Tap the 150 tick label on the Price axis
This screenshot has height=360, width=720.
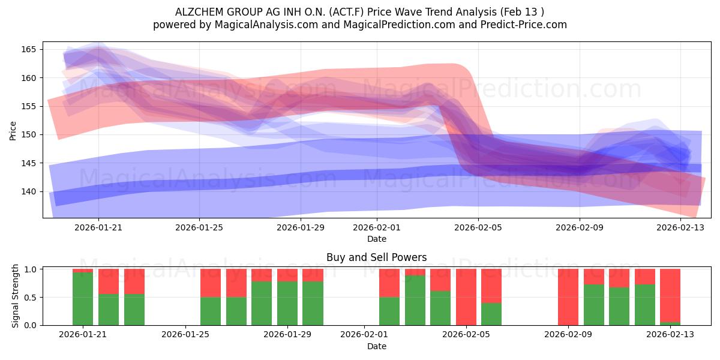coord(29,134)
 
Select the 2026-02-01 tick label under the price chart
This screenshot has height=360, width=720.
coord(377,227)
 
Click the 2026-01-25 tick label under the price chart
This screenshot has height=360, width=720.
coord(199,227)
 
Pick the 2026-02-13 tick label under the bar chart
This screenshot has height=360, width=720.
coord(670,334)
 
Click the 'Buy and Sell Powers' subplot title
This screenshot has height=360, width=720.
coord(376,257)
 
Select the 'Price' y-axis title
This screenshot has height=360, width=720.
coord(13,131)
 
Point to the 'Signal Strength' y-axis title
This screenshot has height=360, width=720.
coord(15,296)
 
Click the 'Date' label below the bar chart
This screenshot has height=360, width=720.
coord(377,346)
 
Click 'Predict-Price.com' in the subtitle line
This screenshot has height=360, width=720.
coord(524,25)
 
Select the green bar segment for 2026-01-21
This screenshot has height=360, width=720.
coord(83,299)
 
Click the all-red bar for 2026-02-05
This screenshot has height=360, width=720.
coord(466,297)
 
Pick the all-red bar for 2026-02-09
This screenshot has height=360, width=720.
coord(568,297)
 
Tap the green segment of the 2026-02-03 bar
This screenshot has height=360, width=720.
coord(415,300)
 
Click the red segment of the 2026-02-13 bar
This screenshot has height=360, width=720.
coord(670,295)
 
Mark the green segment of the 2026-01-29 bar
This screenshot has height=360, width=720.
coord(287,304)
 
